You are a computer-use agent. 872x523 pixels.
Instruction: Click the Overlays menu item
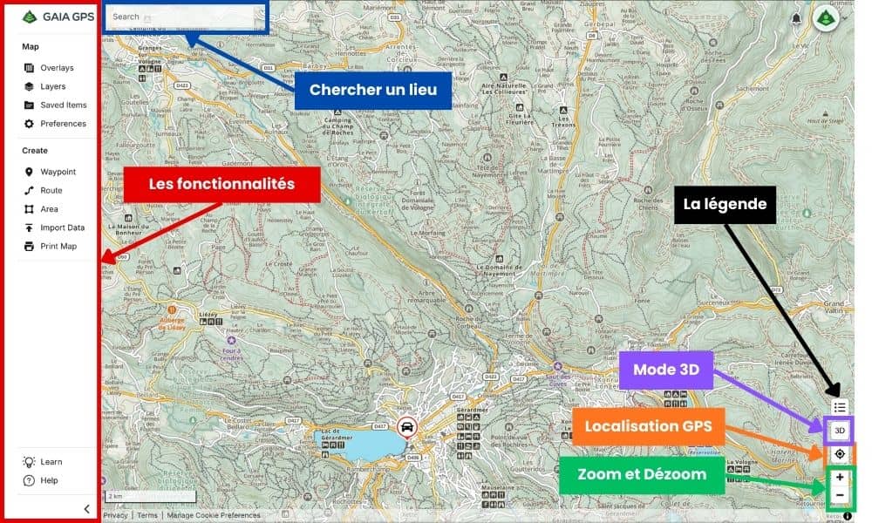[x=56, y=68]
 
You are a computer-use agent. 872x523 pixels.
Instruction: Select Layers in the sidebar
[x=52, y=86]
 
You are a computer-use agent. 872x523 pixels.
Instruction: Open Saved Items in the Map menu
[x=63, y=105]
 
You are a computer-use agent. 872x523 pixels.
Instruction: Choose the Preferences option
[x=62, y=124]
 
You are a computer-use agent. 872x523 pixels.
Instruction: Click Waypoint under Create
[x=58, y=172]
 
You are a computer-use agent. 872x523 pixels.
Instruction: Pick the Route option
[x=51, y=190]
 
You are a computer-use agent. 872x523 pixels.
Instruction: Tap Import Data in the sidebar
[x=62, y=228]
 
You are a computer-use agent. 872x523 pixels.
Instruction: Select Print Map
[x=58, y=247]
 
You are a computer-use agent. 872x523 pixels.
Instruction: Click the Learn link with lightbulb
[x=51, y=462]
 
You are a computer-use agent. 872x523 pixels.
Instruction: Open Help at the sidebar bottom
[x=49, y=480]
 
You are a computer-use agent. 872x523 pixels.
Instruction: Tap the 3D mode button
[x=839, y=431]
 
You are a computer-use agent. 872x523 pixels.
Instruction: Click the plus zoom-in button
[x=840, y=478]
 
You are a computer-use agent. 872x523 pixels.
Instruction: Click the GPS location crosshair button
[x=840, y=454]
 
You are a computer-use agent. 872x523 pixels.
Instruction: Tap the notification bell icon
[x=796, y=18]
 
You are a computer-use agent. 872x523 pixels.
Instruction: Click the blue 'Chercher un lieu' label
[x=372, y=90]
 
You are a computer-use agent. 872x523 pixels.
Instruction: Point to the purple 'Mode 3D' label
[x=665, y=370]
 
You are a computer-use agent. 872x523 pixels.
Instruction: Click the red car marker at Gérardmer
[x=405, y=427]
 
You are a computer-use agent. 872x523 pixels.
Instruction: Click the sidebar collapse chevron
[x=86, y=509]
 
